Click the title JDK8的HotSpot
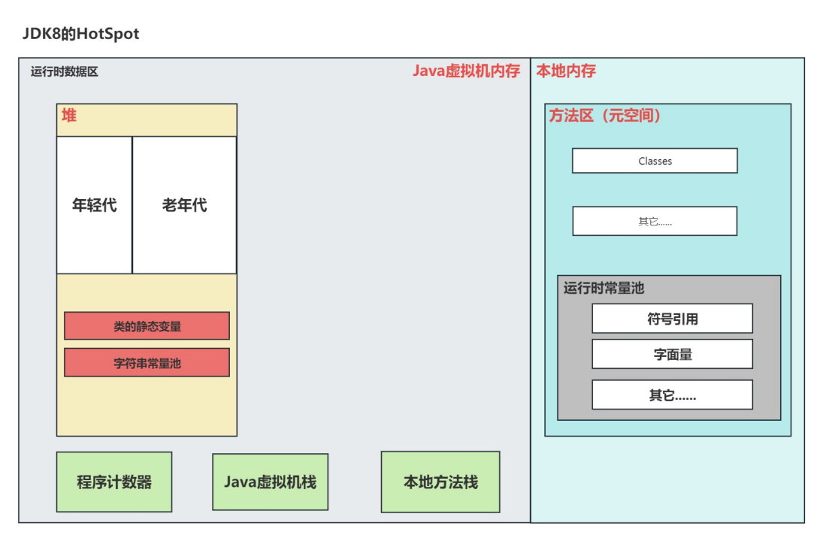point(80,35)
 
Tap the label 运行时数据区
point(64,72)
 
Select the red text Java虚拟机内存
point(466,71)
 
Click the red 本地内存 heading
point(566,71)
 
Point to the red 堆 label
point(69,116)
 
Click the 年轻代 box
point(94,205)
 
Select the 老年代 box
point(184,205)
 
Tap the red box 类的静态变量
point(147,326)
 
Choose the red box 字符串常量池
point(147,363)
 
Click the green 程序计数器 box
point(114,482)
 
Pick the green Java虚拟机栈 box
point(270,482)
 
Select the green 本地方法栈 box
point(440,482)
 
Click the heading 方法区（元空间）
point(605,116)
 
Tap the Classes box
point(655,161)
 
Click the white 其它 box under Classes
point(655,222)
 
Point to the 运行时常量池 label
point(604,289)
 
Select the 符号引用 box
point(672,319)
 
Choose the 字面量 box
point(672,354)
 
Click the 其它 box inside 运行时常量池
point(672,394)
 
